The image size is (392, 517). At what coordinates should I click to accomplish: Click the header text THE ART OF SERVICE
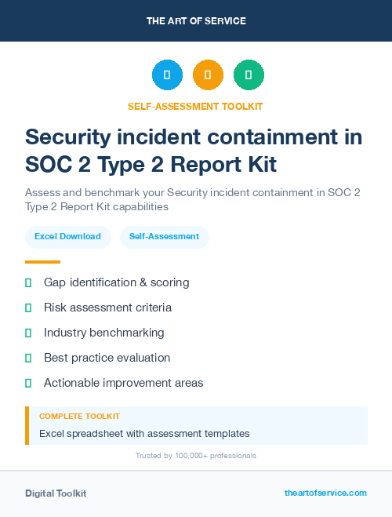click(x=196, y=21)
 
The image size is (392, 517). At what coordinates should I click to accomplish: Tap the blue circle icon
click(x=167, y=75)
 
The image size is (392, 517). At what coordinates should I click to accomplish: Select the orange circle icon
click(x=208, y=75)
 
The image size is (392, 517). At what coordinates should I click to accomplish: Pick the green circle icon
click(x=249, y=75)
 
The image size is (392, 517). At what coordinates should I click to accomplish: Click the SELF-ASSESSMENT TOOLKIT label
click(x=195, y=106)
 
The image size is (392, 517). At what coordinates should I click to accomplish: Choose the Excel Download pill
click(x=67, y=236)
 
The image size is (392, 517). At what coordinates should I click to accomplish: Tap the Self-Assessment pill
click(x=164, y=236)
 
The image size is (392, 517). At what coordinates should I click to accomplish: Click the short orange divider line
click(x=42, y=262)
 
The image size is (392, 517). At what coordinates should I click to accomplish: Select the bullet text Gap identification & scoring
click(x=116, y=282)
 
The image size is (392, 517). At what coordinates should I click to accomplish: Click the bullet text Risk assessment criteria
click(x=107, y=308)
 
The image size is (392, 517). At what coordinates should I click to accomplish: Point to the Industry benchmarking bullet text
click(x=103, y=333)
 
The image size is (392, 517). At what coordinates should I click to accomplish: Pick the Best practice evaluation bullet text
click(x=107, y=358)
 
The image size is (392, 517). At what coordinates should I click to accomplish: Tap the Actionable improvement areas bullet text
click(x=123, y=383)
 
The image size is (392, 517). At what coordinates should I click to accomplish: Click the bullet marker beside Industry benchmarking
click(x=28, y=333)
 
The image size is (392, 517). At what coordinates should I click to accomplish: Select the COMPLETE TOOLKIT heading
click(x=79, y=417)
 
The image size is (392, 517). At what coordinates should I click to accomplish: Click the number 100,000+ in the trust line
click(x=183, y=456)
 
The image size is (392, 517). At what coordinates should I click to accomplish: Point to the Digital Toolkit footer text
click(x=56, y=493)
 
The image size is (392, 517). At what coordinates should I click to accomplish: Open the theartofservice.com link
click(x=325, y=493)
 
